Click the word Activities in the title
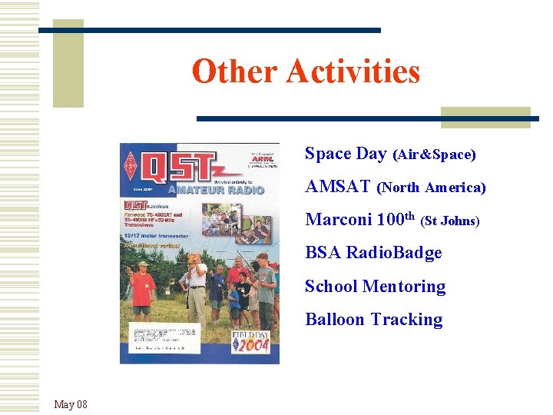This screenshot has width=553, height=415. point(353,72)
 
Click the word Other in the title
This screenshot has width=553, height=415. point(234,72)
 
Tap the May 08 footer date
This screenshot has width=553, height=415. point(71,404)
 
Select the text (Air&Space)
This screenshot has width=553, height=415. point(434,155)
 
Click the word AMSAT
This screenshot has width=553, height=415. point(338,187)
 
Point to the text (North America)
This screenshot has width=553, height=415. point(433,188)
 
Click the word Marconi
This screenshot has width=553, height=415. point(339,220)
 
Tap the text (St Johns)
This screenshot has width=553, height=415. point(450,221)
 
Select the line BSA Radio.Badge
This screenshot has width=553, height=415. point(373,253)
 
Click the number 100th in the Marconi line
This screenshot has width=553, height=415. point(396,219)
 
